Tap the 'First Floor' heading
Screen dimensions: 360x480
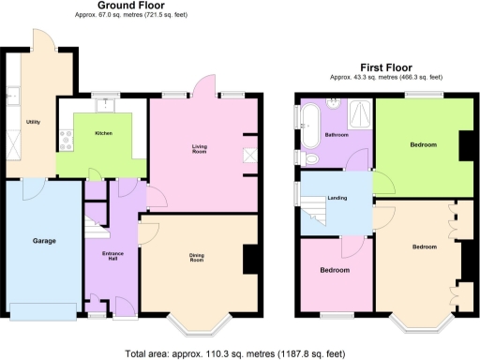[x=385, y=67]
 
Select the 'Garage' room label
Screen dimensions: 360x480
[x=44, y=241]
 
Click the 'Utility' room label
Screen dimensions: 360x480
[x=33, y=123]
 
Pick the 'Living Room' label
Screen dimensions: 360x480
[x=200, y=148]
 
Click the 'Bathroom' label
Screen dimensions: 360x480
[x=337, y=135]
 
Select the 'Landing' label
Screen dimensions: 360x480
[x=337, y=198]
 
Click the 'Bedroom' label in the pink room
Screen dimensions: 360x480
[x=335, y=270]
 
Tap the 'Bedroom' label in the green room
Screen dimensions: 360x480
[x=423, y=145]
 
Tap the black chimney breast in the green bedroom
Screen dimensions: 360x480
[x=464, y=146]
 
